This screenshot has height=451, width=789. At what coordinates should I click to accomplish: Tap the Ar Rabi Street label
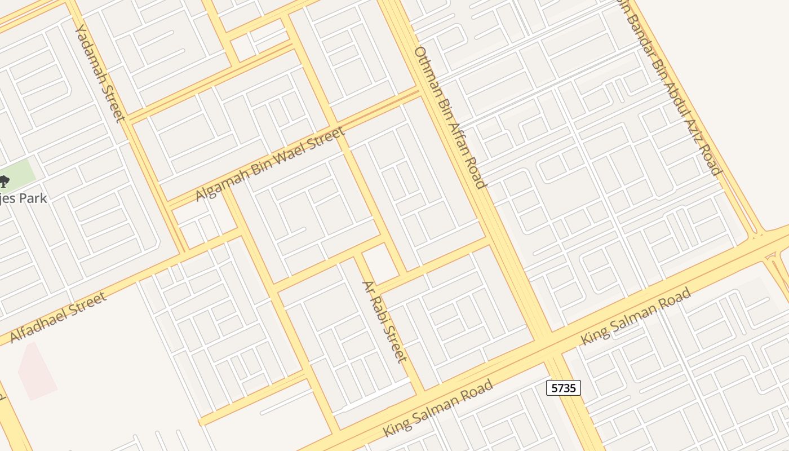point(384,321)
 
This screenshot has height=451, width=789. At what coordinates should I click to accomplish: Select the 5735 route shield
point(563,388)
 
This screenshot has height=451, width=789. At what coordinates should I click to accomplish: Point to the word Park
point(33,198)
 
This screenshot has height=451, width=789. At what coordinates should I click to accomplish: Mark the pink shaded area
point(37,372)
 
